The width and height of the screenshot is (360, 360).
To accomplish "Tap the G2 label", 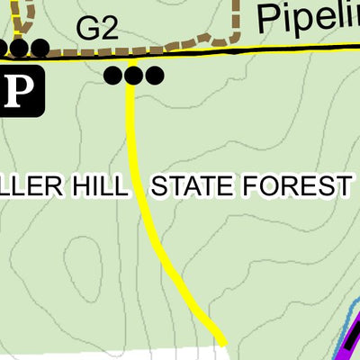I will pos(96,28).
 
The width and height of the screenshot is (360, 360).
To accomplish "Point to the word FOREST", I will pos(302,187).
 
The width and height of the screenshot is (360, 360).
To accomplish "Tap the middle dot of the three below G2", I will pos(134,76).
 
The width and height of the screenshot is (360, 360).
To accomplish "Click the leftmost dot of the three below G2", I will pos(114,76).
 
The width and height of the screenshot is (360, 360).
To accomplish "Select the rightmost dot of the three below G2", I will pos(155,76).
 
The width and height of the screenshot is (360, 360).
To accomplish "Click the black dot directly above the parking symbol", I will pos(20,48).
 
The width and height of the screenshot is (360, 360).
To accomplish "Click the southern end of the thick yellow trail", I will pos(220,340).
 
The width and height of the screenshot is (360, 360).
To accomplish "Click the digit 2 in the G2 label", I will pos(108,28).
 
